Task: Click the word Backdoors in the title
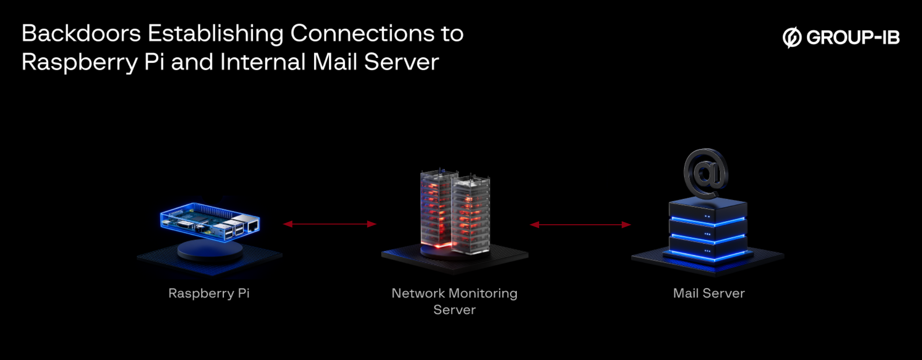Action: click(81, 34)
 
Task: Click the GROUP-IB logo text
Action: click(853, 38)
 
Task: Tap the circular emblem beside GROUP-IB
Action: click(792, 38)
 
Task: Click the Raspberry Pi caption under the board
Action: click(209, 293)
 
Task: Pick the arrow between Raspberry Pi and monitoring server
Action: click(330, 224)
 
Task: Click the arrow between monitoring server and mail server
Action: click(580, 225)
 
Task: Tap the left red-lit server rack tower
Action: click(436, 210)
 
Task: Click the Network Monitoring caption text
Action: click(454, 293)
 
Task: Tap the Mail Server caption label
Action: click(709, 293)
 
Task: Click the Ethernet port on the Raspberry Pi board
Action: click(253, 227)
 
